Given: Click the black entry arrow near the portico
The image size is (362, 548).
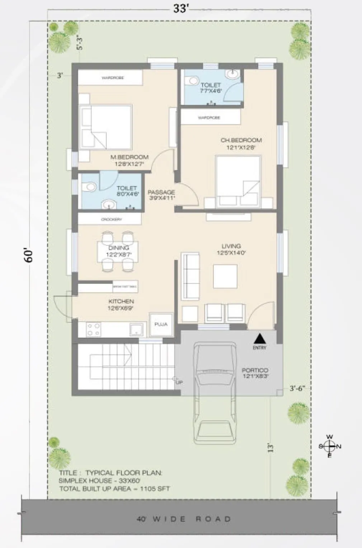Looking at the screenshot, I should click(x=260, y=339).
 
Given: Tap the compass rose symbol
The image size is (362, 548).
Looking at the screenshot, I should click(x=330, y=446).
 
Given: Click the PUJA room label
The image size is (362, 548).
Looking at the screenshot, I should click(x=161, y=324).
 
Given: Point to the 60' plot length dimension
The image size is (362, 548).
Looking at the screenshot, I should click(x=29, y=255).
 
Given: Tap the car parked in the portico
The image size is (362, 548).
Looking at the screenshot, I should click(x=215, y=391).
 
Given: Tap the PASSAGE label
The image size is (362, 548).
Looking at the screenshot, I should click(x=161, y=192).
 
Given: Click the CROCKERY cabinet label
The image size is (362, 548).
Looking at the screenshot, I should click(x=111, y=219).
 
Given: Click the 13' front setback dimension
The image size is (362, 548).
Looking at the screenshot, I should click(x=271, y=448).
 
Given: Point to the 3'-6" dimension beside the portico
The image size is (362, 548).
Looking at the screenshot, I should click(x=297, y=388).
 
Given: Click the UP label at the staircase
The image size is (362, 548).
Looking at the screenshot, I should click(x=179, y=382).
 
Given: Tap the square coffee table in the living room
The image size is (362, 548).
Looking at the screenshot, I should click(x=225, y=276).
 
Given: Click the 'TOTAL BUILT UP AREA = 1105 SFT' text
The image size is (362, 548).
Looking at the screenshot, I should click(x=114, y=488).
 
